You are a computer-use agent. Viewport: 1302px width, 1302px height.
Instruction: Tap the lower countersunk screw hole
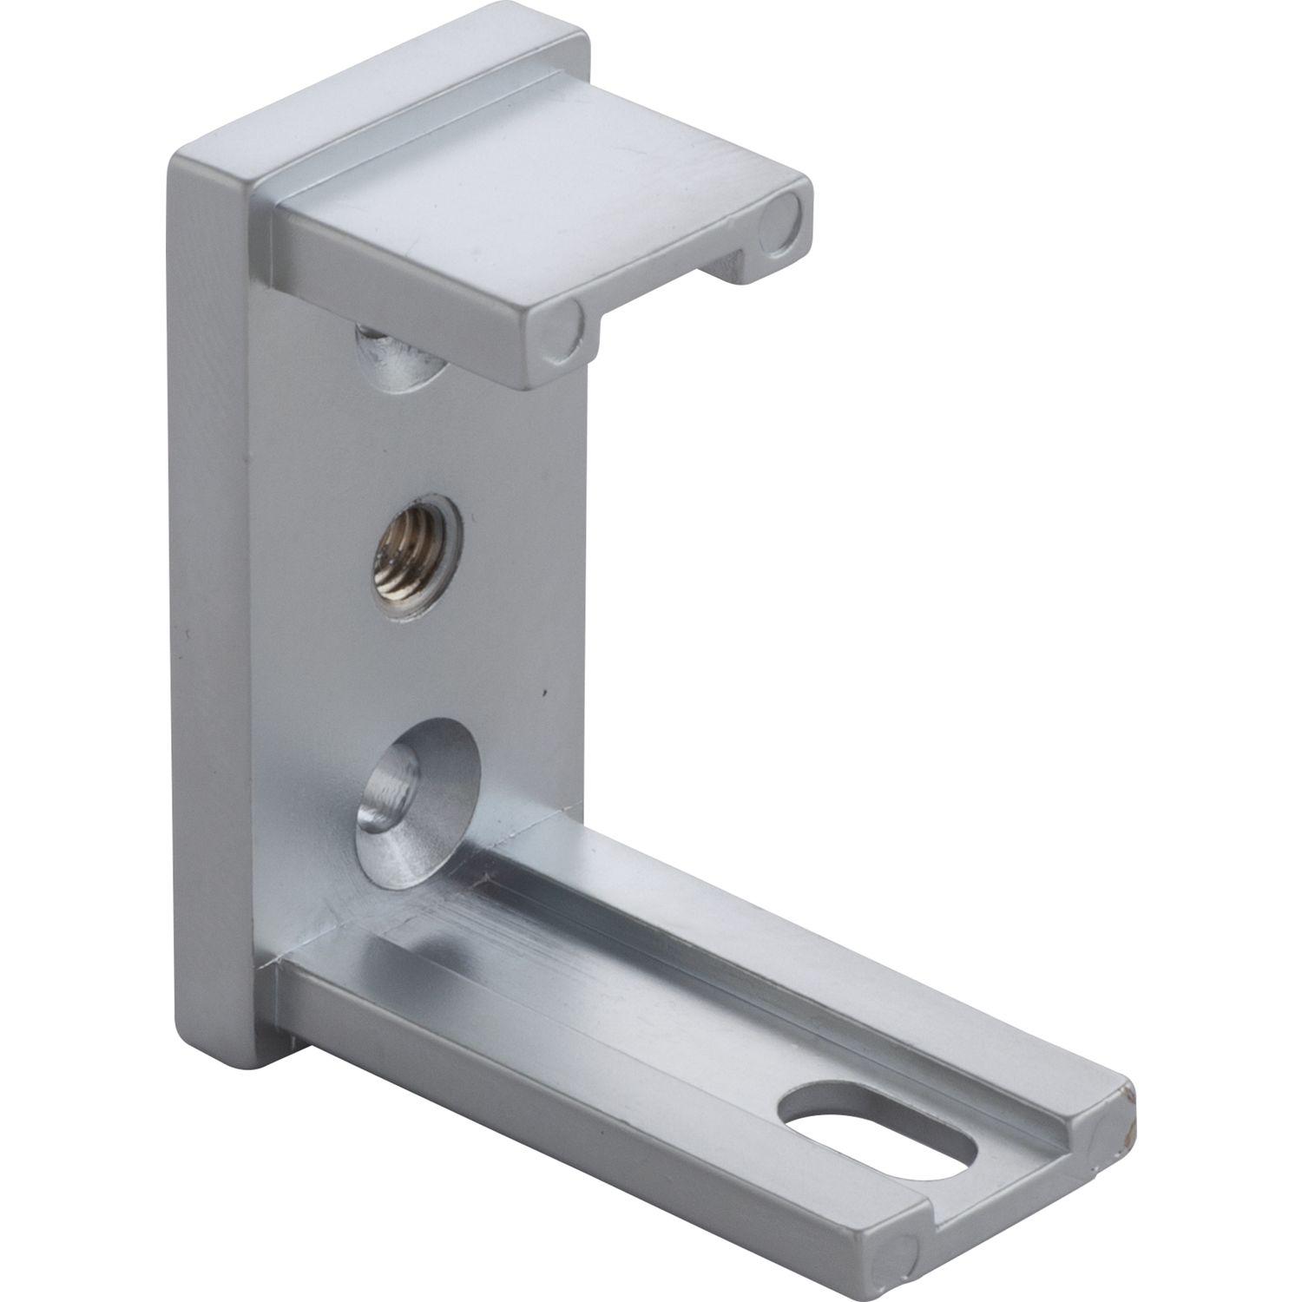tap(415, 792)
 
